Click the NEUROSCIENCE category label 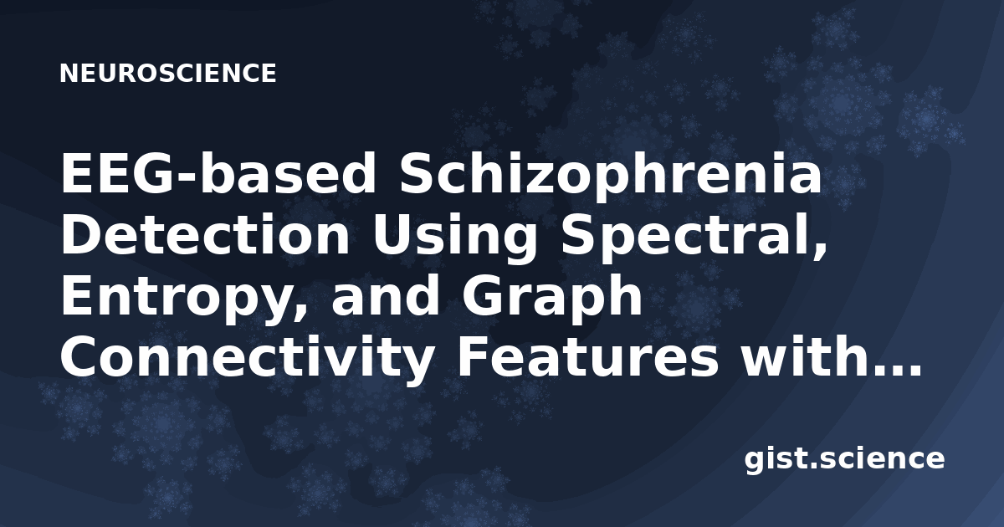pyautogui.click(x=167, y=74)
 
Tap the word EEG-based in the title pyautogui.click(x=218, y=172)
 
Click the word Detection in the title pyautogui.click(x=205, y=234)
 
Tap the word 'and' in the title pyautogui.click(x=385, y=295)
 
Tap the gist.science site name pyautogui.click(x=844, y=460)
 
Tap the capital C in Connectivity pyautogui.click(x=80, y=357)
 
